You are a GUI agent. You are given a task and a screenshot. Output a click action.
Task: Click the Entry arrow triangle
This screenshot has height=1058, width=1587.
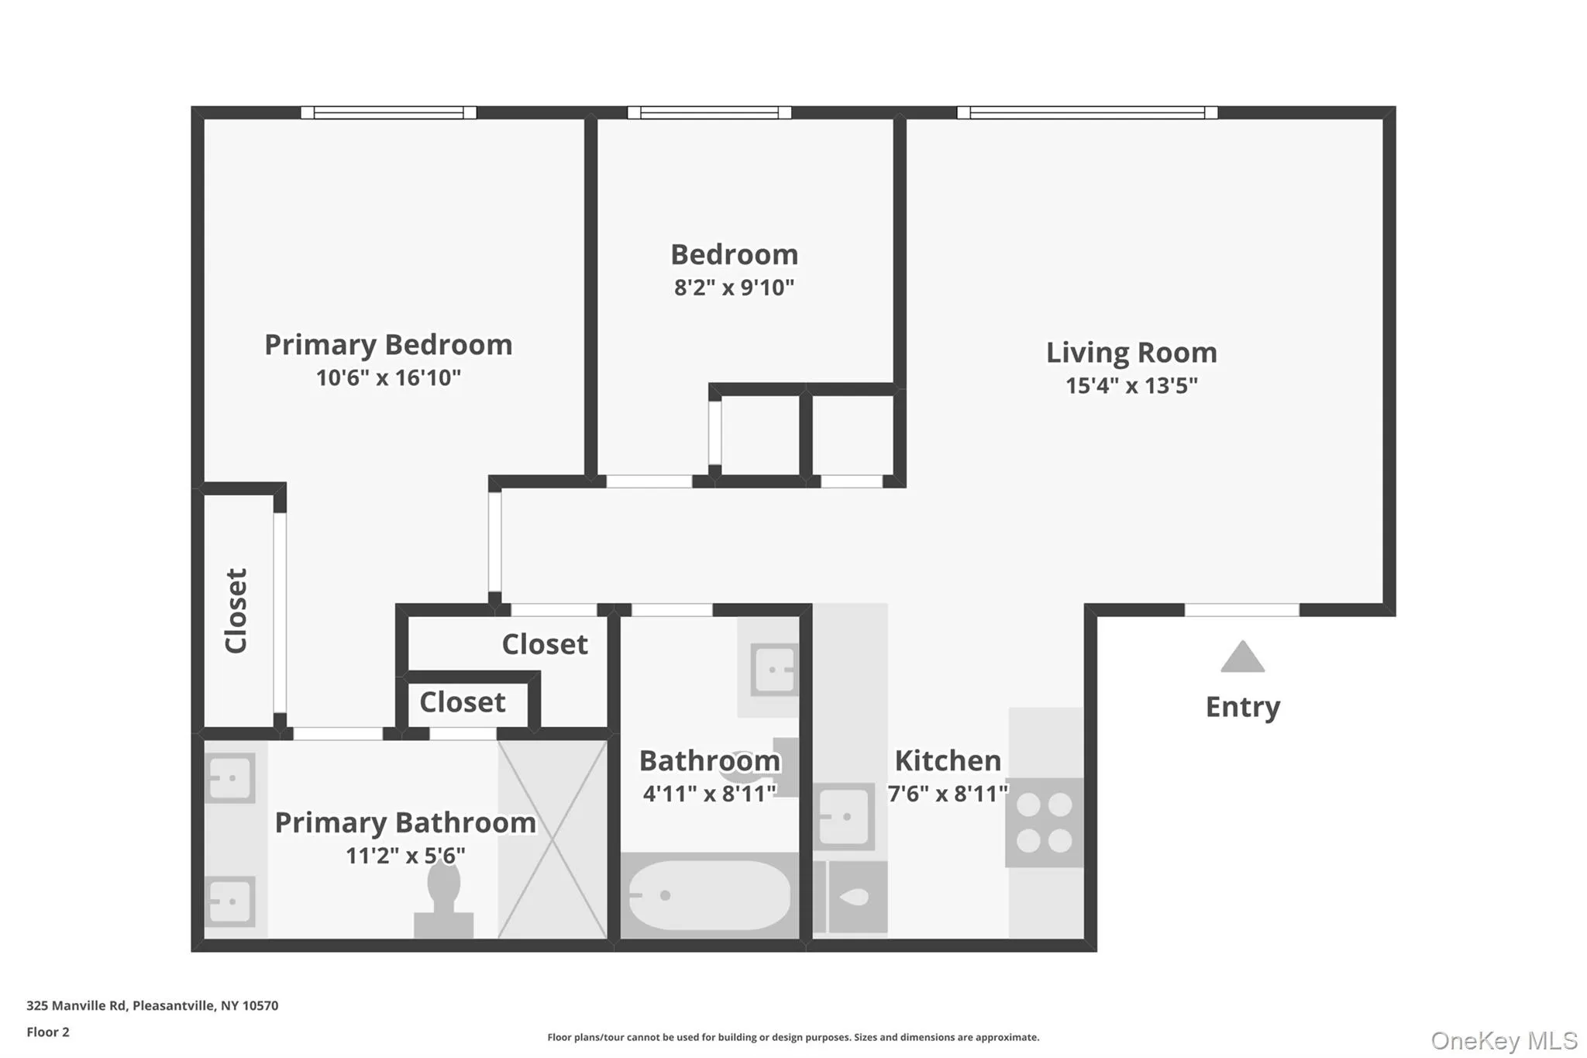pyautogui.click(x=1242, y=657)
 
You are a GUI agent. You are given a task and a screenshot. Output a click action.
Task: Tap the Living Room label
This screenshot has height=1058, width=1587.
pyautogui.click(x=1131, y=353)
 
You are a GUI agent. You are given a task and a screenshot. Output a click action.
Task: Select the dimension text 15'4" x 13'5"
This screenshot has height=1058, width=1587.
pyautogui.click(x=1131, y=386)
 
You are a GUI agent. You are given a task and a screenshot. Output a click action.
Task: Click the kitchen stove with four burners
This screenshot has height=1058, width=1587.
pyautogui.click(x=1044, y=822)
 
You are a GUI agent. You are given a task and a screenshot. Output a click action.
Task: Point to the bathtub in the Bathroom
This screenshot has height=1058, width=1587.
pyautogui.click(x=709, y=895)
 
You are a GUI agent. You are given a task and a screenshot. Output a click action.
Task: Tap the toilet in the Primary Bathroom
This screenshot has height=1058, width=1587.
pyautogui.click(x=444, y=899)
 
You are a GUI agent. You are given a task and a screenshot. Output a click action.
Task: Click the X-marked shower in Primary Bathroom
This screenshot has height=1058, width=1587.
pyautogui.click(x=552, y=839)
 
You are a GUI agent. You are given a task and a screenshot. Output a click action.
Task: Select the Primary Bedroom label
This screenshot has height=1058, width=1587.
pyautogui.click(x=388, y=345)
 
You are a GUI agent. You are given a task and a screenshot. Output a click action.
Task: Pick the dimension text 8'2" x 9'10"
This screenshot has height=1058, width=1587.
pyautogui.click(x=734, y=288)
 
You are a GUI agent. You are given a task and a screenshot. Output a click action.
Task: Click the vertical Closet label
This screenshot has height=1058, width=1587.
pyautogui.click(x=236, y=611)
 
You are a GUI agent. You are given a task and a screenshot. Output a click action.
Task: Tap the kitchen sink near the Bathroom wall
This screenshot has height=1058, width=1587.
pyautogui.click(x=843, y=817)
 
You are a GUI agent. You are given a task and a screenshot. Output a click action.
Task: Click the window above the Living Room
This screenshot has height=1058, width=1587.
pyautogui.click(x=1086, y=113)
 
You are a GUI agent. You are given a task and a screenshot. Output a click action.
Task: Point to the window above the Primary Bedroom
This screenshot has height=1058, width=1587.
pyautogui.click(x=388, y=113)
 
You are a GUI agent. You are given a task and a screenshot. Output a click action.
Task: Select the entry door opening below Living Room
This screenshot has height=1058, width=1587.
pyautogui.click(x=1241, y=611)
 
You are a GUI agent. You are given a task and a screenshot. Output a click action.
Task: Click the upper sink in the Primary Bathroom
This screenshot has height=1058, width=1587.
pyautogui.click(x=230, y=777)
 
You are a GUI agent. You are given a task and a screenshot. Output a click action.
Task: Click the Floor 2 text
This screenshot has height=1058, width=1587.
pyautogui.click(x=48, y=1032)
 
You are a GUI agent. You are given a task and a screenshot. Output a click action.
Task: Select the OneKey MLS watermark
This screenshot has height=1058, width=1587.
pyautogui.click(x=1503, y=1040)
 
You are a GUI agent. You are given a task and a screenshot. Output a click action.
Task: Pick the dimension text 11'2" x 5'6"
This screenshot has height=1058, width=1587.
pyautogui.click(x=405, y=856)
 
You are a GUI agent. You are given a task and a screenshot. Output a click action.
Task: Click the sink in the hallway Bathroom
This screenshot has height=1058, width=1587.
pyautogui.click(x=775, y=669)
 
